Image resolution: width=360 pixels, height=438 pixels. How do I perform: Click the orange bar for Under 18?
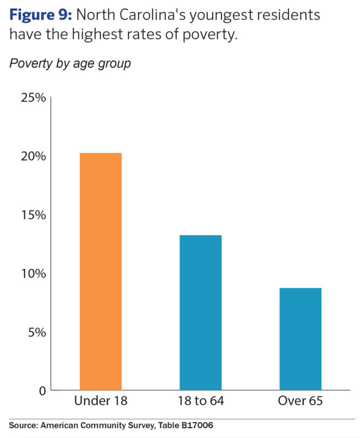101,272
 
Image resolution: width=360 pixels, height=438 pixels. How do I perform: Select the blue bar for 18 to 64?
200,313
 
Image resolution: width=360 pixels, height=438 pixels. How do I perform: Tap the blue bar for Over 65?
300,339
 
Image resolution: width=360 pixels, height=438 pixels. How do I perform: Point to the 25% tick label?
33,98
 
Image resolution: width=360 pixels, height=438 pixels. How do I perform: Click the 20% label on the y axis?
33,157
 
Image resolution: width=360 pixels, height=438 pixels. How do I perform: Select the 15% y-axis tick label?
33,215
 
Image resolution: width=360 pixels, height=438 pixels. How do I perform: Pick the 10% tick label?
33,274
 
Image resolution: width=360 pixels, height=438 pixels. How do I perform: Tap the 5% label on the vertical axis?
37,332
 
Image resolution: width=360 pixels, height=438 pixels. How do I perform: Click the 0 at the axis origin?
41,390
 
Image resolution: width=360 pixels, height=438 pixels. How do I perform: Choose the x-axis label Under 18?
101,401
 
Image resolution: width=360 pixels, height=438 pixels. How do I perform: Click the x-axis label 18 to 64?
200,401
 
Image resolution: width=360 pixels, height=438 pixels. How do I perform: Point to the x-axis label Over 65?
300,401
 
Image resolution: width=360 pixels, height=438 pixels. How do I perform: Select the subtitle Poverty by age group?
69,64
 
